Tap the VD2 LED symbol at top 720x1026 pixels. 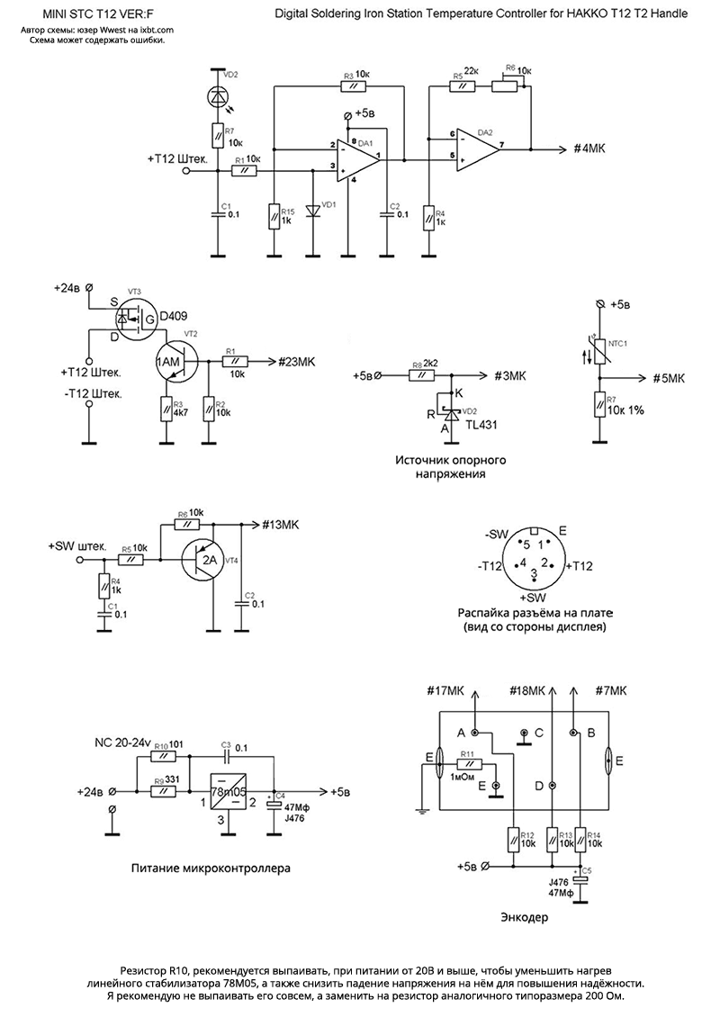(217, 95)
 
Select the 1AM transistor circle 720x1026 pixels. (169, 361)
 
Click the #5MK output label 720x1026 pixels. (671, 376)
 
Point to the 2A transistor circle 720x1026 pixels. (208, 560)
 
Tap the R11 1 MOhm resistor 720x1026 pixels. (468, 764)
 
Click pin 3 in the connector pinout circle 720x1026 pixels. (533, 573)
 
